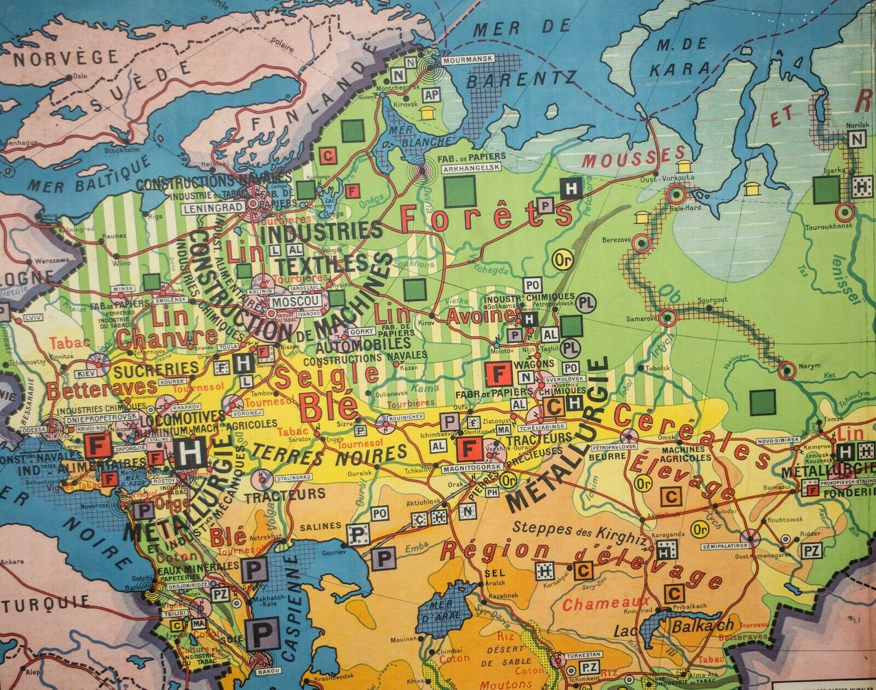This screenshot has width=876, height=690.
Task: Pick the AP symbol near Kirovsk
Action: pos(432,95)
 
